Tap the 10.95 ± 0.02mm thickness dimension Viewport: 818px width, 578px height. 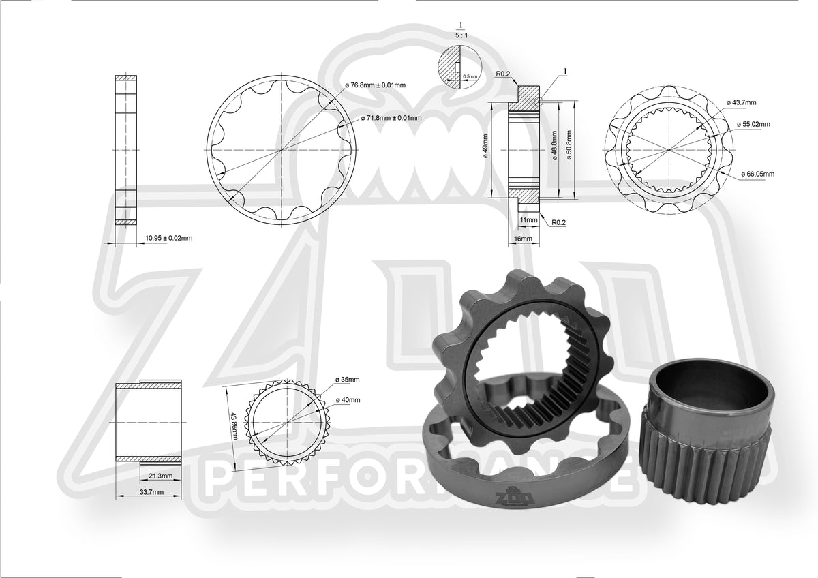coord(168,238)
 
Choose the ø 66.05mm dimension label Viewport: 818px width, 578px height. coord(757,174)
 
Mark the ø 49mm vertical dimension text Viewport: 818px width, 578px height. coord(485,145)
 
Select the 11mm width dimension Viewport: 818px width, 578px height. coord(528,221)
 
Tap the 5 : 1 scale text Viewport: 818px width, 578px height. coord(461,31)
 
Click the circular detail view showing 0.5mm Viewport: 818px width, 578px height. coord(461,67)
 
